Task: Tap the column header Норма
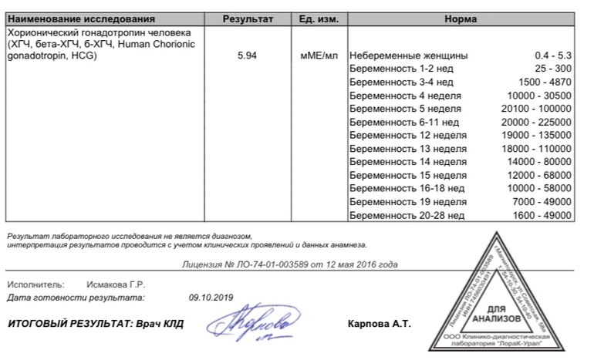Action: (461, 19)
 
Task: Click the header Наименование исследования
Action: (81, 19)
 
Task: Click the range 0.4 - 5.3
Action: (553, 56)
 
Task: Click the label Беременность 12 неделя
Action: (408, 135)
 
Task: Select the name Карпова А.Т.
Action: (380, 324)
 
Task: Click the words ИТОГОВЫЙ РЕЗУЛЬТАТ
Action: (62, 324)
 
